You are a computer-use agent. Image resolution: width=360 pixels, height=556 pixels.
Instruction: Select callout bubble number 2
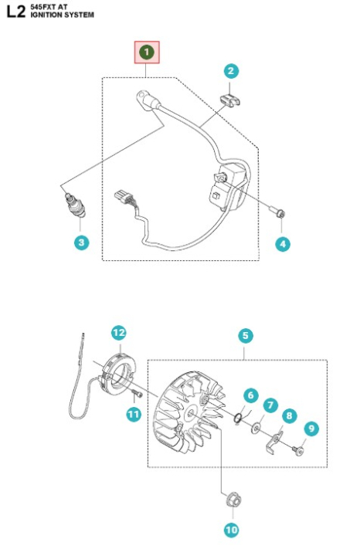coord(230,71)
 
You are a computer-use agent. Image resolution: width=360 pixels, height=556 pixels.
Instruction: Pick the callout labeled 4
coord(283,243)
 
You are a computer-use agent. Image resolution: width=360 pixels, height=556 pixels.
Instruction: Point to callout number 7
coord(270,404)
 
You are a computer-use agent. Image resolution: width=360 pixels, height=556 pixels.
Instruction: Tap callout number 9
coord(311,427)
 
